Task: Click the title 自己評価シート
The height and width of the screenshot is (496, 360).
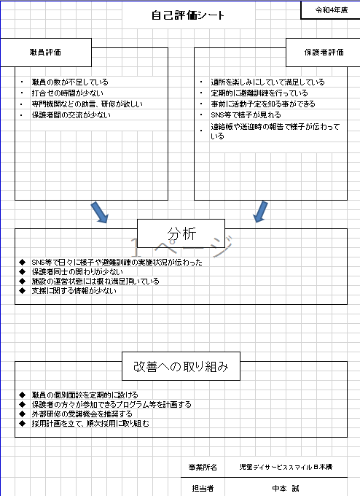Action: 188,15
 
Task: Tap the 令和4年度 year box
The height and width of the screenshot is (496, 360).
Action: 330,9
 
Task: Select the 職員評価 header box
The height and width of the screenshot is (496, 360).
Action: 45,53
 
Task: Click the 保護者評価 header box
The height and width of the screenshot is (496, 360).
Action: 323,53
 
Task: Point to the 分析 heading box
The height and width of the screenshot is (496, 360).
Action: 181,233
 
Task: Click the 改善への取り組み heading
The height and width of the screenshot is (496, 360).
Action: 181,366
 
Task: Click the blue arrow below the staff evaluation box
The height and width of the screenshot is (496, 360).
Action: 100,212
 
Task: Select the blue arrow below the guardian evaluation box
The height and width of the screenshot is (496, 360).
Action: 260,212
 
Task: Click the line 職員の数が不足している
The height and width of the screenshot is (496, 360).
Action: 70,82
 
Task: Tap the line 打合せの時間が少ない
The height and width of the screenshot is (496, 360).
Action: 67,93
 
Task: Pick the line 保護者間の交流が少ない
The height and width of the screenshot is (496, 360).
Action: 71,115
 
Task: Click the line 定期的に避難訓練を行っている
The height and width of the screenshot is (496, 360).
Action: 259,93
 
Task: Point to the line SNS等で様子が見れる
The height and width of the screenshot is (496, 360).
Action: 246,115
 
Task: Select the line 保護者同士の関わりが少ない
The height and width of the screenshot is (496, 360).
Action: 77,272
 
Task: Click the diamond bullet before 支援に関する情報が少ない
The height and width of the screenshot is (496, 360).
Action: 22,291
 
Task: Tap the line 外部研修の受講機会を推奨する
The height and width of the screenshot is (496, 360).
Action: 82,414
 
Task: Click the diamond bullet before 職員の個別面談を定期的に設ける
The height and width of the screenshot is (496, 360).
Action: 22,395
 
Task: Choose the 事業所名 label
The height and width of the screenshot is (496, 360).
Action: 203,468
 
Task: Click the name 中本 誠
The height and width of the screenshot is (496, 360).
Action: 286,489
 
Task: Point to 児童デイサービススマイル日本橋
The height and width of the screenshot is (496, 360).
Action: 286,467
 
